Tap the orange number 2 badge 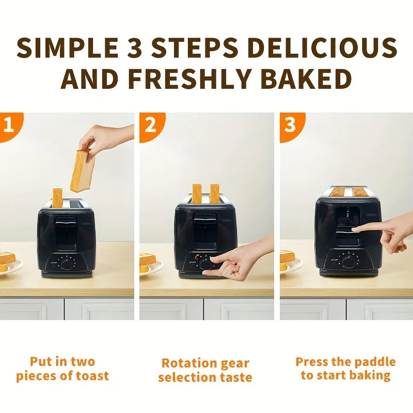point(150,125)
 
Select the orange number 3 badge point(290,125)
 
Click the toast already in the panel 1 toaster point(57,197)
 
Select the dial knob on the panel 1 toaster point(67,263)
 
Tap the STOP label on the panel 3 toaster point(335,260)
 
